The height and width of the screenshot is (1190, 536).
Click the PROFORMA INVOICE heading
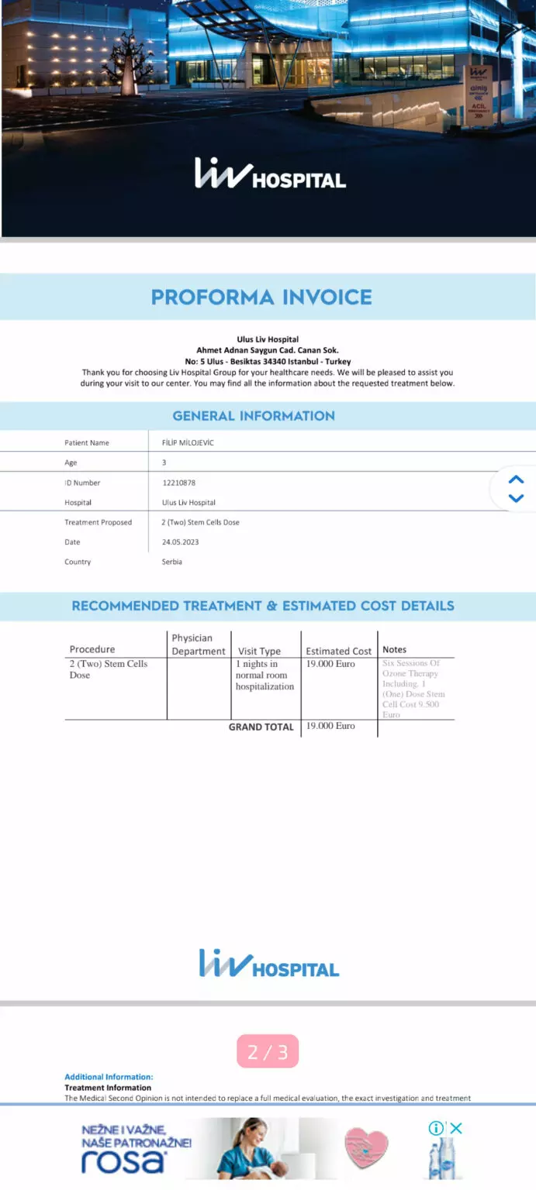(261, 297)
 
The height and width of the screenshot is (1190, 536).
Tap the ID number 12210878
(178, 483)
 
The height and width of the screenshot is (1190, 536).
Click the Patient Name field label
(87, 443)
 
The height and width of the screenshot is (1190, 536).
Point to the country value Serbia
(172, 562)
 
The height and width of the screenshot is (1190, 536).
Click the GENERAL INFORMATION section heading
(254, 416)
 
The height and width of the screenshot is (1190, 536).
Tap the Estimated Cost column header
(339, 651)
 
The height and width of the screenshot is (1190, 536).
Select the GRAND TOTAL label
(261, 727)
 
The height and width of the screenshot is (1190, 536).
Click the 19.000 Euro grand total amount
(330, 726)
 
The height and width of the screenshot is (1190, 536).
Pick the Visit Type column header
(259, 651)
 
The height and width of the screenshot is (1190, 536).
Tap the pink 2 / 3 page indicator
(268, 1051)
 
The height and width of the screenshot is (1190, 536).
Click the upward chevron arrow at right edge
(517, 480)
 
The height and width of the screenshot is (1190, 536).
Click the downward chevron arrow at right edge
(517, 498)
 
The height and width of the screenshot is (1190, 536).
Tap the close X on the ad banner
(456, 1128)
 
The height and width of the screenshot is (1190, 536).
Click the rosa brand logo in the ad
(124, 1160)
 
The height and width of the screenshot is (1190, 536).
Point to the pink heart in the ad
(366, 1148)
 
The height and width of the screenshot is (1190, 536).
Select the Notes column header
(394, 650)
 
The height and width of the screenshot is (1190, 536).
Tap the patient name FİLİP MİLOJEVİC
(188, 443)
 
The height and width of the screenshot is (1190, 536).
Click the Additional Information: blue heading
(109, 1077)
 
